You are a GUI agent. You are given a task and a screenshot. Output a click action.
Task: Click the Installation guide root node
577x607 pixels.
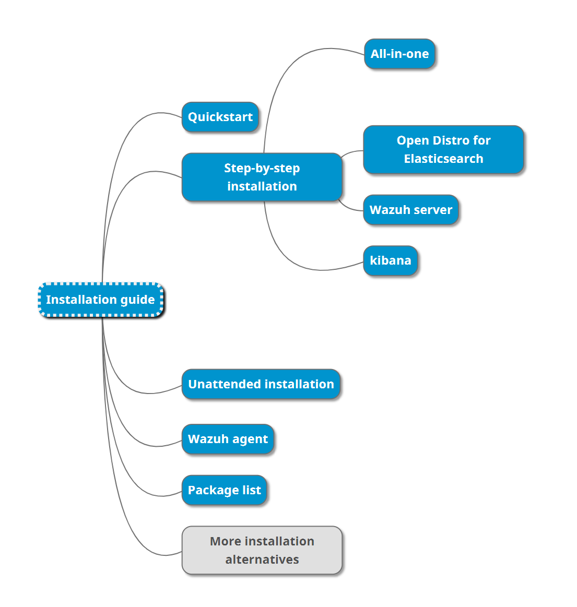[101, 300]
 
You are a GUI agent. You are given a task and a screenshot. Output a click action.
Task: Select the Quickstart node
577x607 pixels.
[220, 117]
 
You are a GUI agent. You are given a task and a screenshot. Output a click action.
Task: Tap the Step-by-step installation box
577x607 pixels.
[262, 177]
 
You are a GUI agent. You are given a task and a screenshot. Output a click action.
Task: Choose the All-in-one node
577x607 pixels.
[399, 54]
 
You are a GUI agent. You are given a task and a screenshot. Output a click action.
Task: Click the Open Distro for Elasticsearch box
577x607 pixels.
[443, 149]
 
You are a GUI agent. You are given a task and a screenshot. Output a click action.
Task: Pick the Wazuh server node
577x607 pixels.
[411, 210]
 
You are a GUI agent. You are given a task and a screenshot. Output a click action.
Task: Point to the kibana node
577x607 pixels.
[390, 260]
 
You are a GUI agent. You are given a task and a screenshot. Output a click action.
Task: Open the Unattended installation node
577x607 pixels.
[261, 384]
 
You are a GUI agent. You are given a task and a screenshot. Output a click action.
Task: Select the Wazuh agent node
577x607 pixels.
[228, 439]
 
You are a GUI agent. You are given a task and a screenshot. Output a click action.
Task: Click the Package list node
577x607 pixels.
[224, 490]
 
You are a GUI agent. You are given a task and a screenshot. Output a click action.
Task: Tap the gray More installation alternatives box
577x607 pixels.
[262, 550]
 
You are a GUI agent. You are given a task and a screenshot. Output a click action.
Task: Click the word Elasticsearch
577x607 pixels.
[443, 159]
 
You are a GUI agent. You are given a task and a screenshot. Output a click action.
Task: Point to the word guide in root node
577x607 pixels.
[137, 300]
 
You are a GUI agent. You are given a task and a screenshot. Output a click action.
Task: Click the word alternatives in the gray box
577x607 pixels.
[262, 560]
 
